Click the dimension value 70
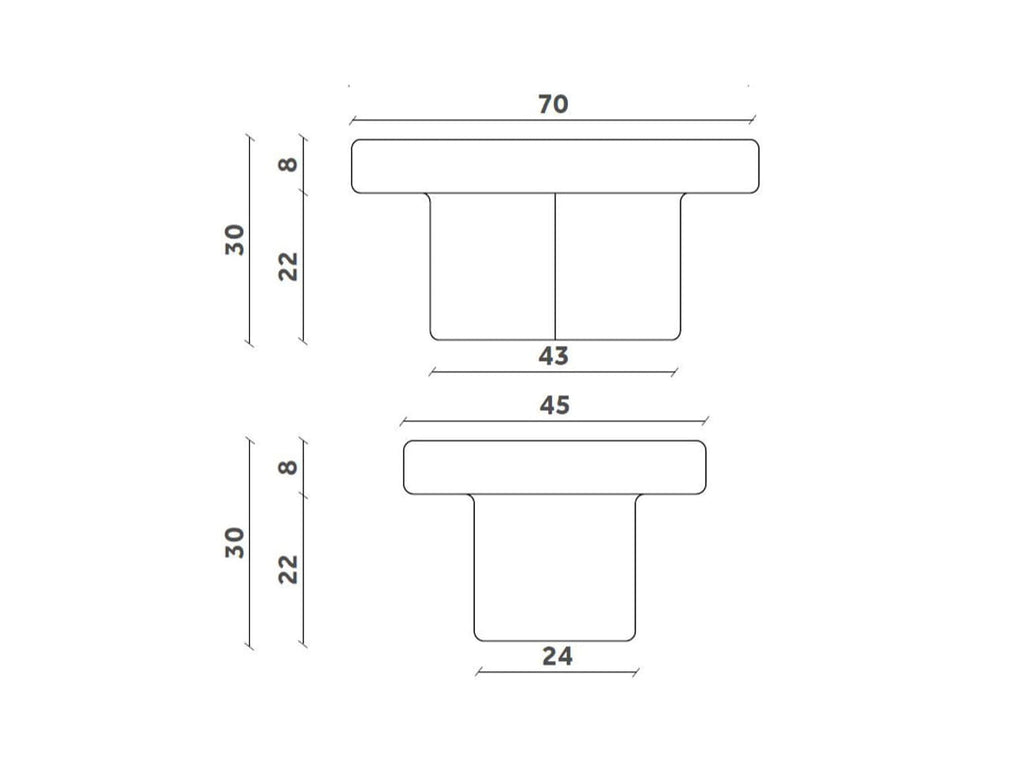point(553,104)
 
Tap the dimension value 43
point(553,356)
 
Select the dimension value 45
point(554,406)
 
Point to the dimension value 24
point(557,656)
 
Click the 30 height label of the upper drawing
point(235,240)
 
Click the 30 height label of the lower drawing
point(235,543)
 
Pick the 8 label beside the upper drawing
point(288,165)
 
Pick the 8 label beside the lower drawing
point(288,468)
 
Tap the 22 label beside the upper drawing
point(288,266)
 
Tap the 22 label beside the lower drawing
point(288,569)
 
